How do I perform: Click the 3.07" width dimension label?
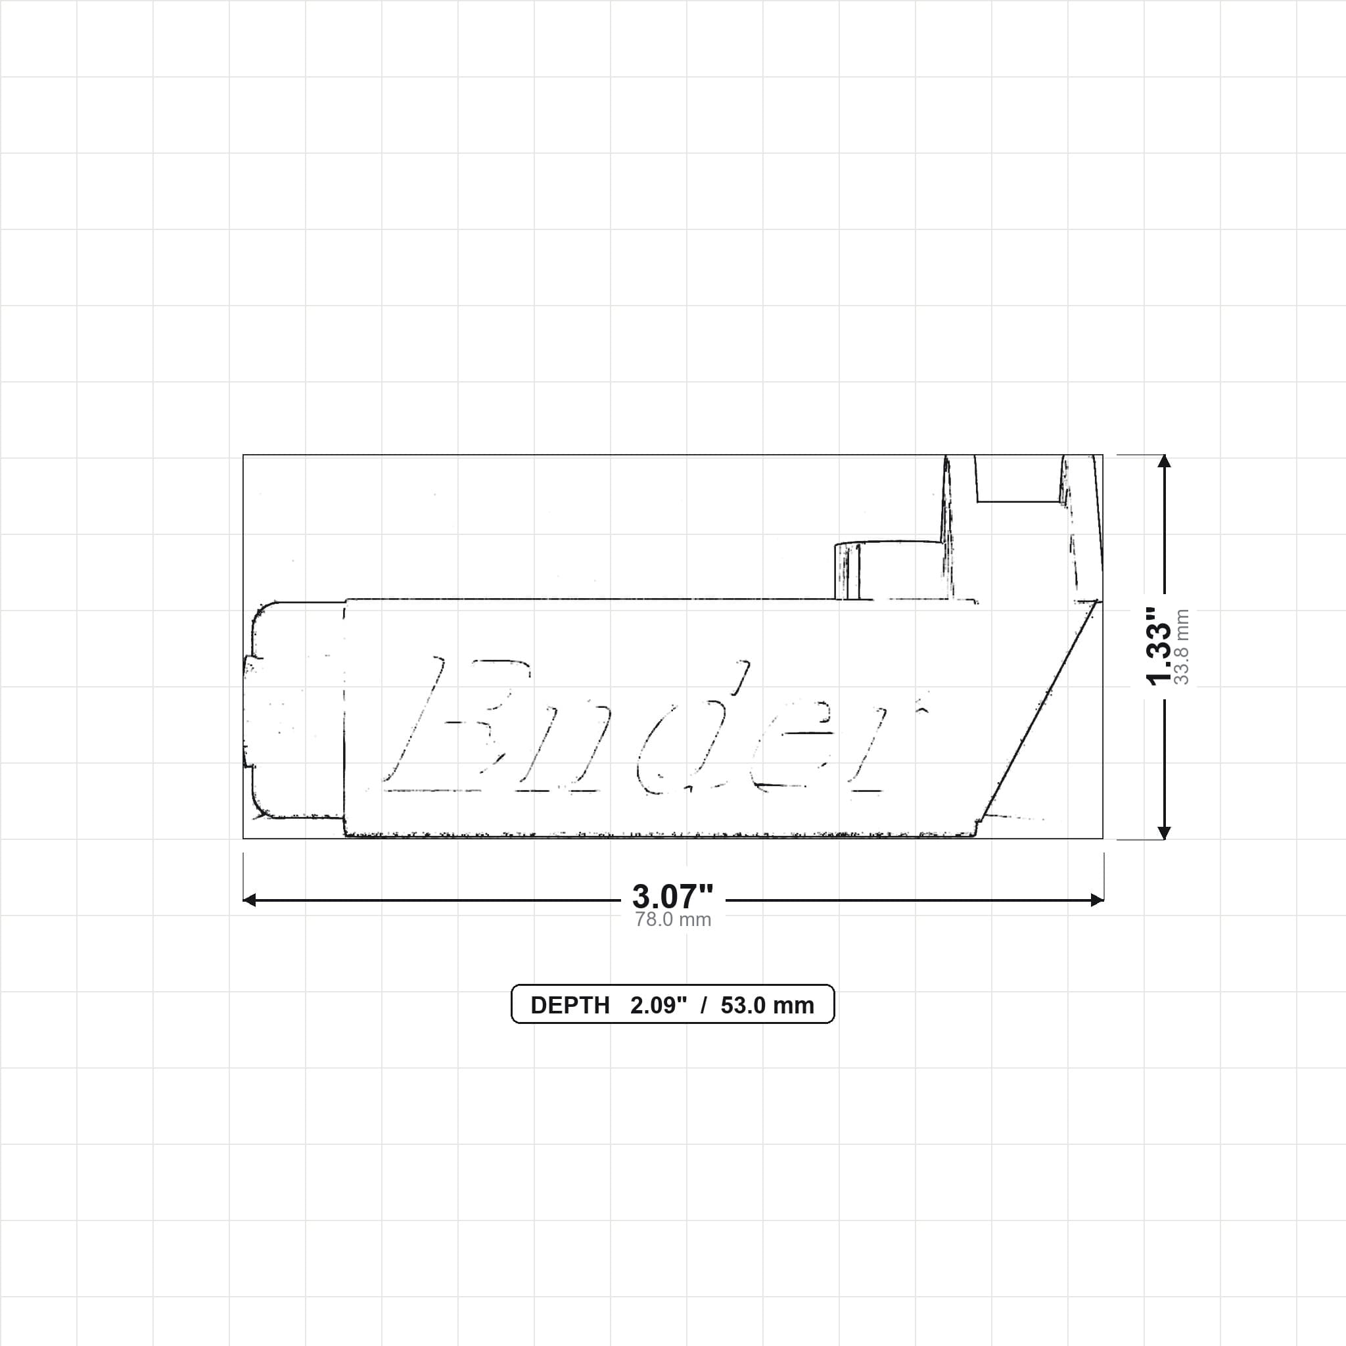click(672, 896)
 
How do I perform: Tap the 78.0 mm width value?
click(673, 919)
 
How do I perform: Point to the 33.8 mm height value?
click(1182, 647)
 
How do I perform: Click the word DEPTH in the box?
click(570, 1006)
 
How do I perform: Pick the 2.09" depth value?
click(659, 1006)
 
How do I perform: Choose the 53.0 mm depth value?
click(767, 1006)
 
